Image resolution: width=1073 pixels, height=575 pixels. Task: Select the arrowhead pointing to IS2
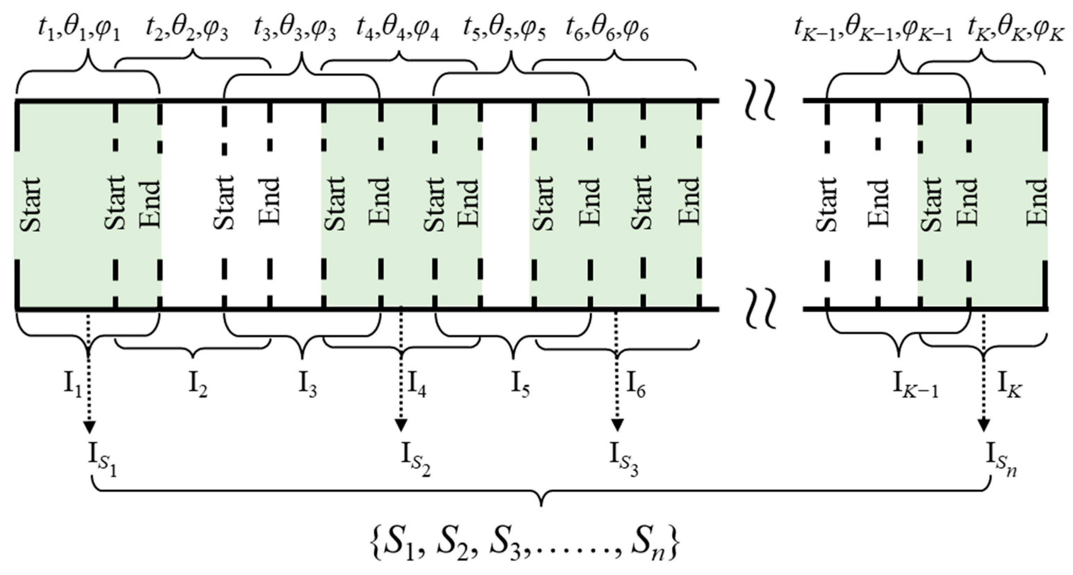(401, 426)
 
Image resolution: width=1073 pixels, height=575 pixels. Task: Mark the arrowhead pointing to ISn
(984, 426)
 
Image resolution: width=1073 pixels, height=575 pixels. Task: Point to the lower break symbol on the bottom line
(760, 309)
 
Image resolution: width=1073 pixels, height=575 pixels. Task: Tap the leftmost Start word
(31, 204)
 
